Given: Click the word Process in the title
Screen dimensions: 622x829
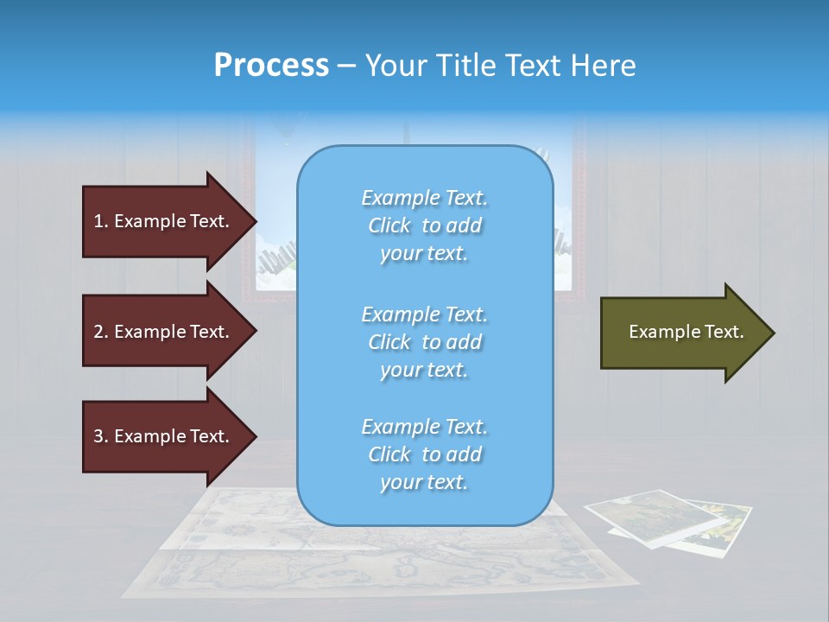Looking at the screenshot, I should pos(271,66).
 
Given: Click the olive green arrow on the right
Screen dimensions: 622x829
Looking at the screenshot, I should pos(682,332).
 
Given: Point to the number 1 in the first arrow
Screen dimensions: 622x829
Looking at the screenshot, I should pos(98,221).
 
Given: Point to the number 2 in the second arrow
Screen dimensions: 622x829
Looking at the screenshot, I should pos(98,332).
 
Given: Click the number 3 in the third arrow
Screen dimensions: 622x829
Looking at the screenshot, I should pos(98,436).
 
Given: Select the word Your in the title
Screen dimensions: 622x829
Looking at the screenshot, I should pos(392,66).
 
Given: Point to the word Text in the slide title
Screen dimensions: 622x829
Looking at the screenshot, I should pos(534,66).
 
